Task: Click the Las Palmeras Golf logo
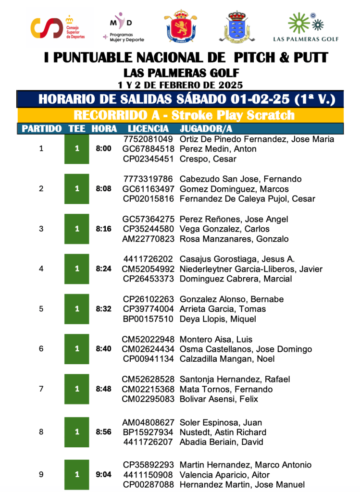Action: tap(306, 28)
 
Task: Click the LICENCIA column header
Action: tap(148, 129)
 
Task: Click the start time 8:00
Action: tap(103, 149)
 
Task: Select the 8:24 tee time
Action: tap(103, 269)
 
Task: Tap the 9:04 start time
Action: tap(103, 475)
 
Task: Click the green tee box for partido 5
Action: tap(77, 309)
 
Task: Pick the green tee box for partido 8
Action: tap(77, 432)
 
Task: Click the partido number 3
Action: tap(41, 229)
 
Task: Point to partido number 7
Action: tap(41, 389)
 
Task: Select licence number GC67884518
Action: tap(149, 149)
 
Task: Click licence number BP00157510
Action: tap(149, 319)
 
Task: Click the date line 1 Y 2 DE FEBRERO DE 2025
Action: tap(180, 85)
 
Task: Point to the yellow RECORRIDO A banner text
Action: tap(184, 115)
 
